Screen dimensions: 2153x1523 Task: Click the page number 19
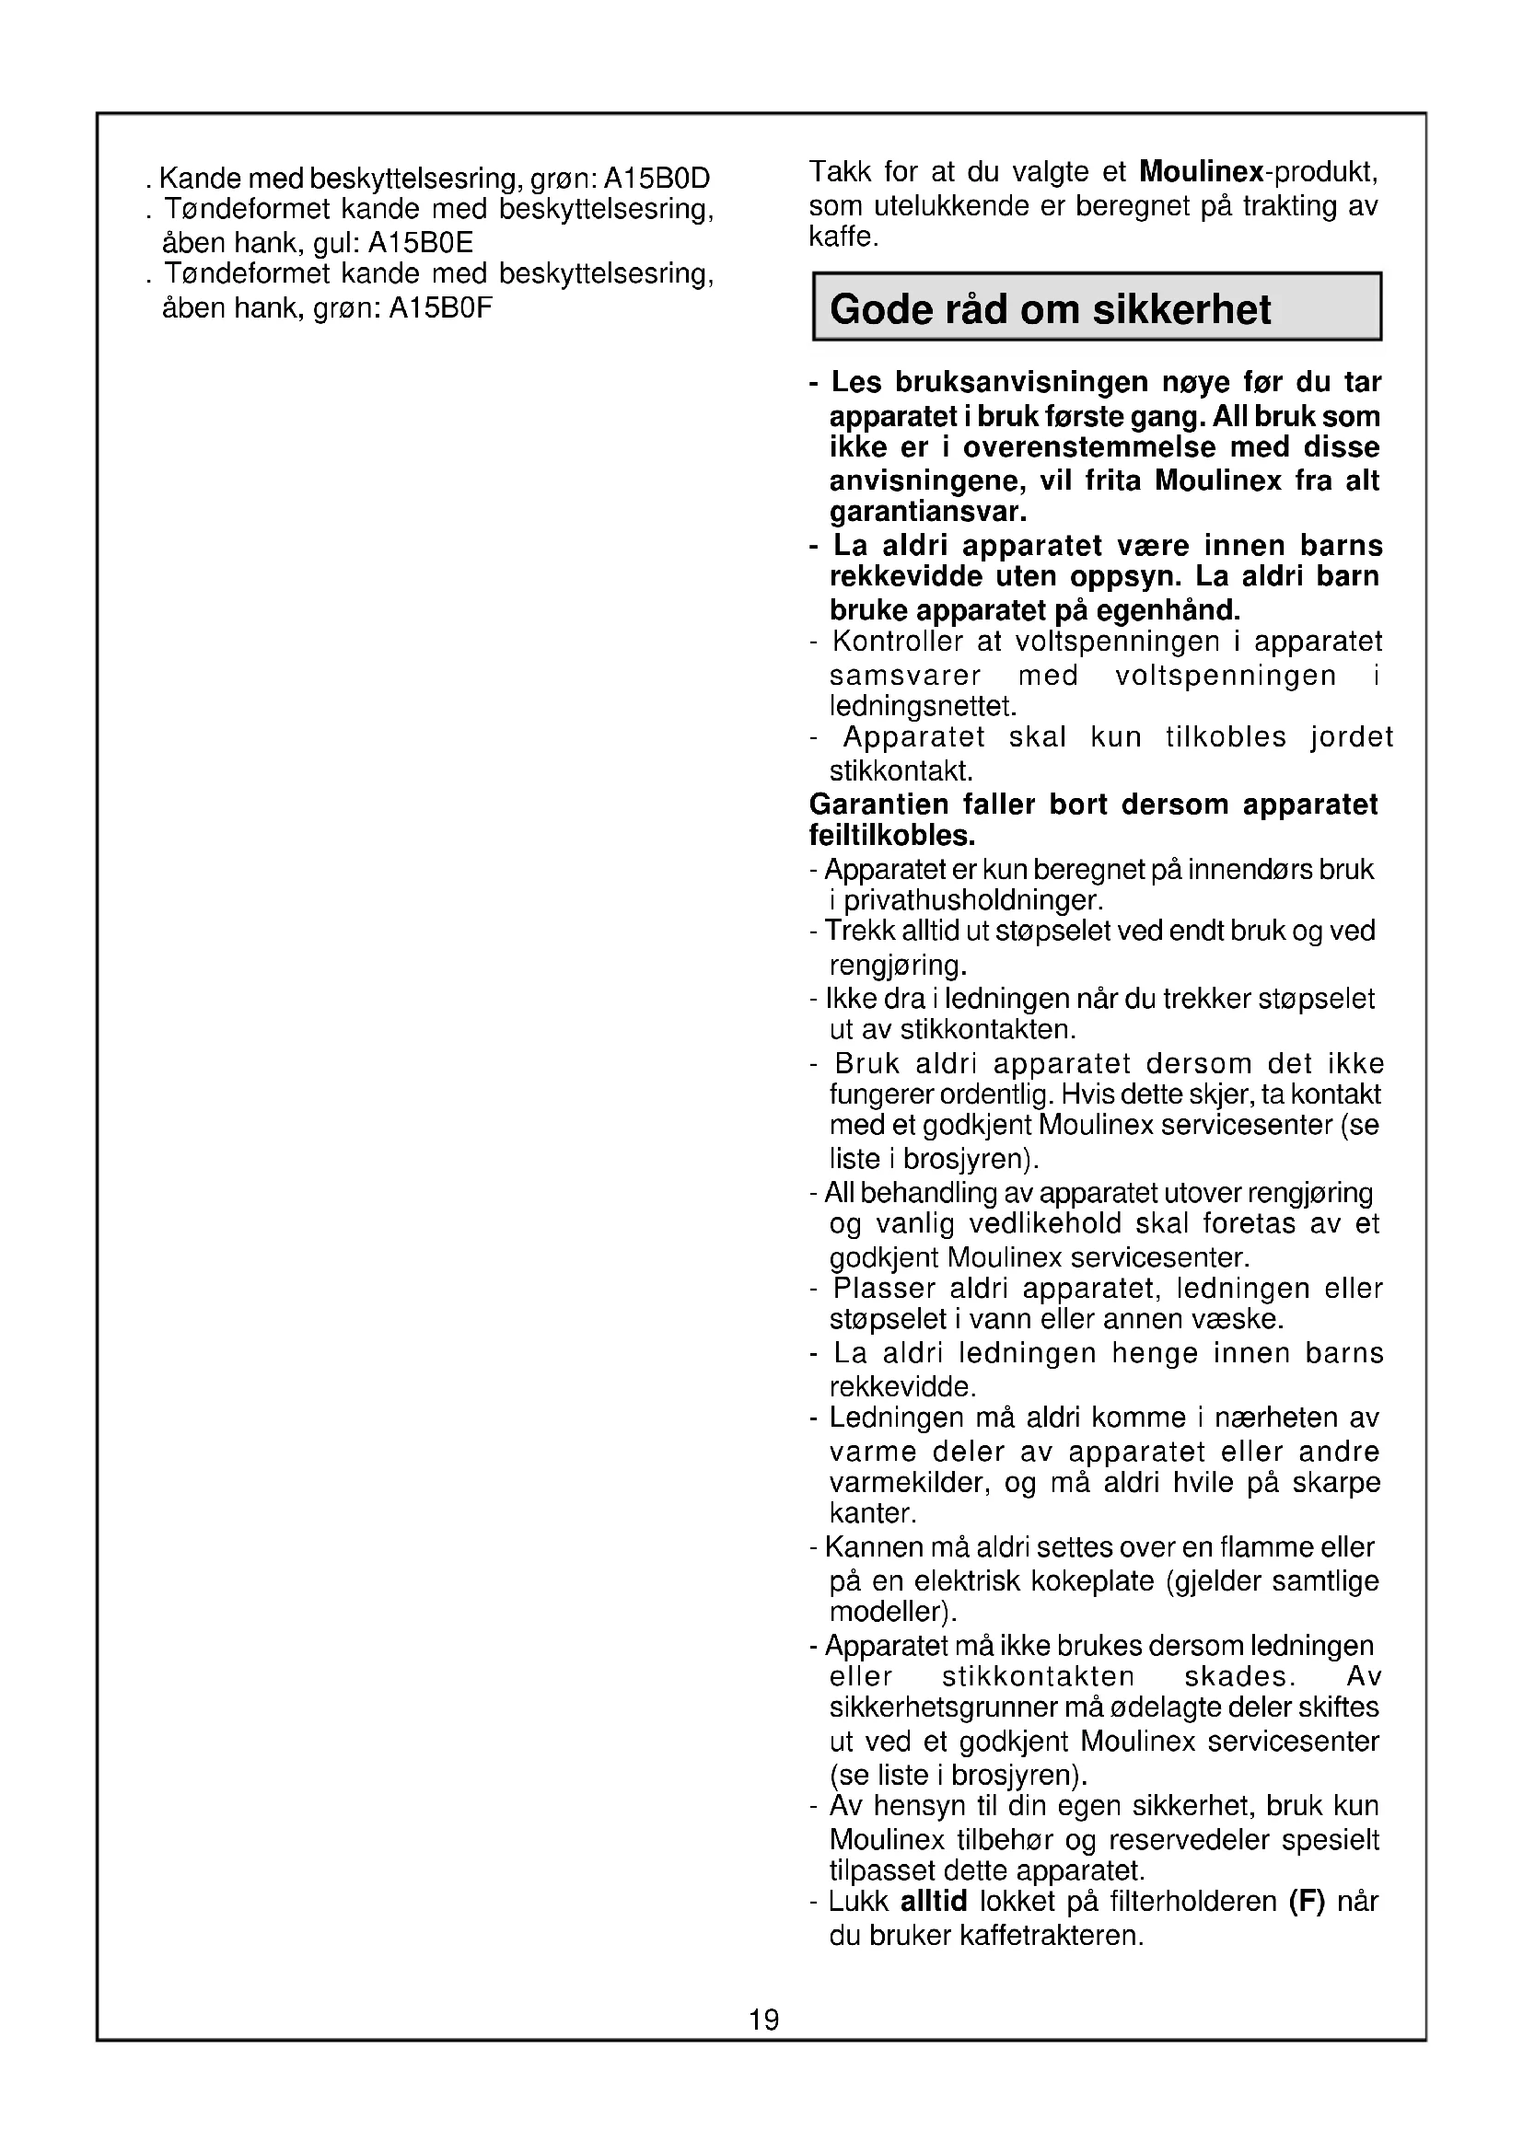click(x=763, y=2019)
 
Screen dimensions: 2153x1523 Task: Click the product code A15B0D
click(x=657, y=179)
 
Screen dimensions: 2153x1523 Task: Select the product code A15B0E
click(x=420, y=244)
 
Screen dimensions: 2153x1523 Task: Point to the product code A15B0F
click(x=440, y=308)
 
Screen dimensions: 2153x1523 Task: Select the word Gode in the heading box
click(x=879, y=309)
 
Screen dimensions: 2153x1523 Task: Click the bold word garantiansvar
click(x=927, y=512)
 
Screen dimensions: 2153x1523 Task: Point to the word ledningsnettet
click(x=922, y=705)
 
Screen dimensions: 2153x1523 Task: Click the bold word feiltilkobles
click(x=892, y=836)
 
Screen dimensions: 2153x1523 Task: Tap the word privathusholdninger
click(x=972, y=901)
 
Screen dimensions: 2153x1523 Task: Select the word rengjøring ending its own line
click(x=898, y=965)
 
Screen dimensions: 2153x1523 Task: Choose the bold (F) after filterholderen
click(x=1308, y=1902)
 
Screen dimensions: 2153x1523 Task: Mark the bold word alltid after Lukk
click(x=933, y=1902)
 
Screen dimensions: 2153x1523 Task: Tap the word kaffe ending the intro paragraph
click(x=843, y=237)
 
